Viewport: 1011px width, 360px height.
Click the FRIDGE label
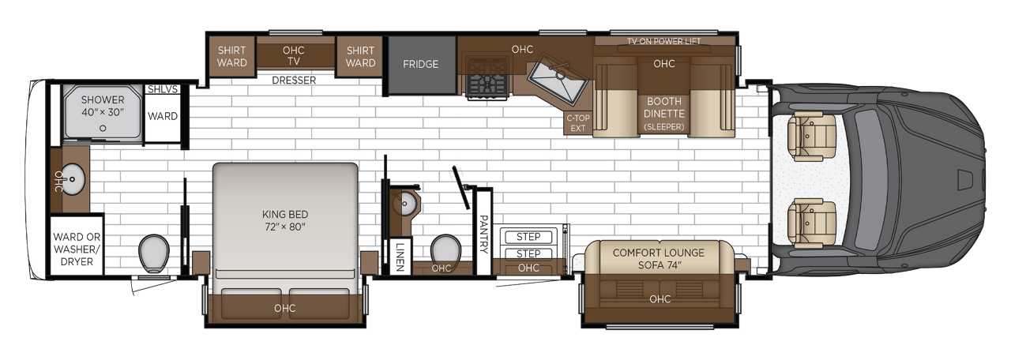tap(420, 64)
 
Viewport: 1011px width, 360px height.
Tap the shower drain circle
tap(103, 128)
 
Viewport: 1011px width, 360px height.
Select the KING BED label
tap(285, 214)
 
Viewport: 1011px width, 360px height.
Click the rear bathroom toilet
tap(153, 253)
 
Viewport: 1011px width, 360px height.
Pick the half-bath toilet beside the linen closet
tap(445, 249)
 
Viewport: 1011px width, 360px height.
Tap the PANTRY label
tap(483, 234)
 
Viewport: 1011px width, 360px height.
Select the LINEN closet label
tap(400, 257)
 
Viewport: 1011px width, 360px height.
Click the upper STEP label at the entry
tap(528, 237)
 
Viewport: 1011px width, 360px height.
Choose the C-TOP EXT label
tap(577, 122)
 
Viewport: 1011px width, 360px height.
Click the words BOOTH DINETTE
tap(664, 107)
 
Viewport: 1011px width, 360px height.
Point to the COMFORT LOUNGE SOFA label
tap(659, 259)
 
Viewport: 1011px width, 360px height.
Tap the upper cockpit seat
tap(812, 135)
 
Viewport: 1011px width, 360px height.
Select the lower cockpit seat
tap(812, 223)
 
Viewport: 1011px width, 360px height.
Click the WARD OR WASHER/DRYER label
tap(77, 249)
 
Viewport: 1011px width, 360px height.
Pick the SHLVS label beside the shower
tap(163, 89)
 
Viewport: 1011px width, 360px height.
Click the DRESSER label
tap(294, 81)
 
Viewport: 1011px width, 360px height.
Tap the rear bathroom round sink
tap(72, 179)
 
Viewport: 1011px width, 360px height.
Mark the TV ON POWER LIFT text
tap(664, 42)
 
